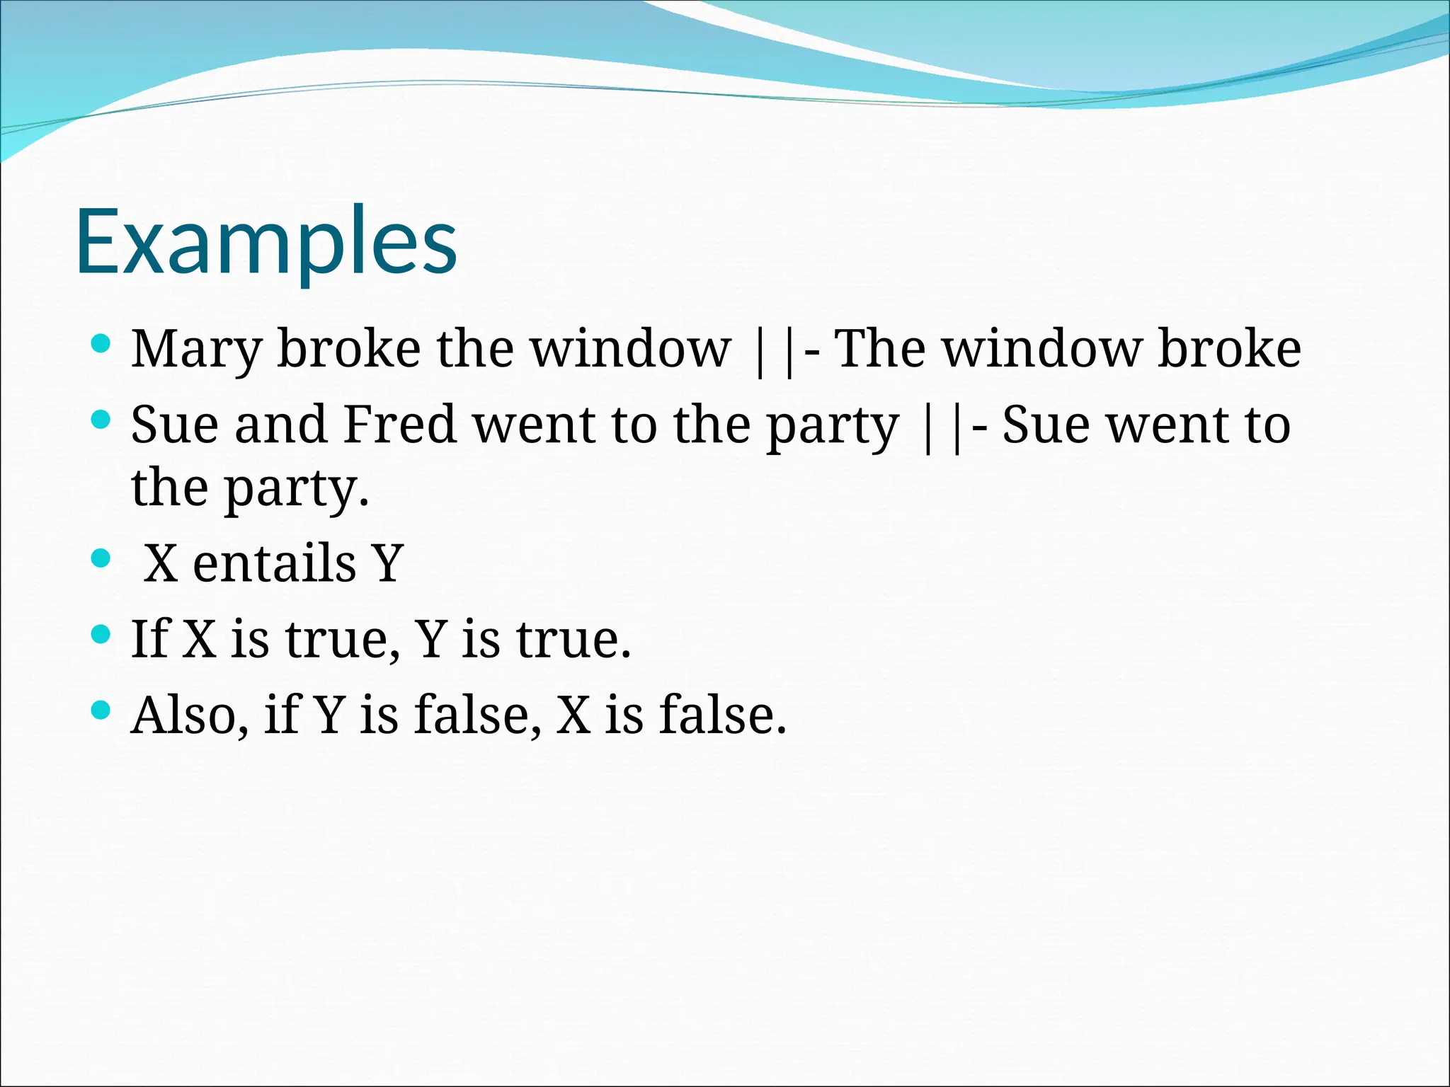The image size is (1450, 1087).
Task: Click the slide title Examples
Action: click(266, 242)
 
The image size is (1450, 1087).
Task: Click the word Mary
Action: click(196, 350)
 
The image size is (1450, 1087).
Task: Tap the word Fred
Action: click(400, 425)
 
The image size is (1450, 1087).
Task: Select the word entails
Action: click(275, 563)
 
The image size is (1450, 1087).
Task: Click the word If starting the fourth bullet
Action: click(151, 639)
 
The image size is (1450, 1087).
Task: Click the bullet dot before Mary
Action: click(101, 345)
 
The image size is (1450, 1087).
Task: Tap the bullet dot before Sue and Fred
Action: click(101, 420)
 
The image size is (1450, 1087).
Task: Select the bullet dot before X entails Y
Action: click(101, 559)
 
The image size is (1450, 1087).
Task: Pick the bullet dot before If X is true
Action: click(101, 634)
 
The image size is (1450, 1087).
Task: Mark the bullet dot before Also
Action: click(101, 710)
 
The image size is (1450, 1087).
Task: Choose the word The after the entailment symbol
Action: click(879, 349)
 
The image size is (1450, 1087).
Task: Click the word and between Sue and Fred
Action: click(281, 425)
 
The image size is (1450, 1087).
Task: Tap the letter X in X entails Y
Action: click(161, 563)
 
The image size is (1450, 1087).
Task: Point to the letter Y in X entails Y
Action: click(388, 563)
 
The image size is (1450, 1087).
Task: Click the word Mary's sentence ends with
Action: click(1229, 349)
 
